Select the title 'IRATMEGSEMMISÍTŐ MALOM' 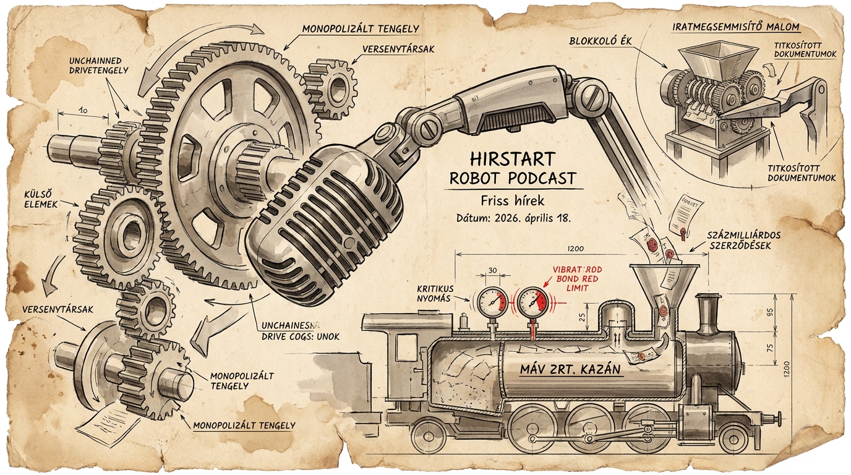pos(735,27)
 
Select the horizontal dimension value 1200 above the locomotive pos(575,248)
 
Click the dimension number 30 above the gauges pos(493,270)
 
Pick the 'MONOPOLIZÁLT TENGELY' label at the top pos(361,28)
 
